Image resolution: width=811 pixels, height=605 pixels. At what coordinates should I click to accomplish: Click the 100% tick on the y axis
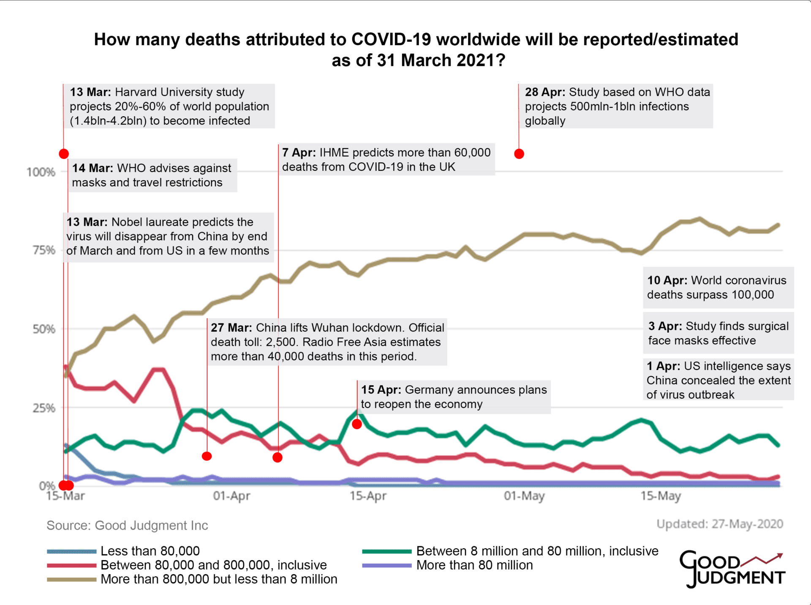tap(41, 172)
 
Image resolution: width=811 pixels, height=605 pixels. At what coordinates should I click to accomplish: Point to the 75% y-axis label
tap(44, 250)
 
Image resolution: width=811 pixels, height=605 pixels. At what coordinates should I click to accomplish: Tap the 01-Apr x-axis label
tap(231, 495)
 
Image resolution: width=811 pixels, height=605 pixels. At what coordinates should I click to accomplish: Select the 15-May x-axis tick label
tap(661, 495)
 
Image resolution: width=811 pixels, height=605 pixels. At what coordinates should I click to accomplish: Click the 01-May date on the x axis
tap(524, 495)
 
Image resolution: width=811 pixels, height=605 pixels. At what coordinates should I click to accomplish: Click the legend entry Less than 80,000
tap(150, 551)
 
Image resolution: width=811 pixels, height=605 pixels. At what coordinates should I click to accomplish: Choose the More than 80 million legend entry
tap(474, 565)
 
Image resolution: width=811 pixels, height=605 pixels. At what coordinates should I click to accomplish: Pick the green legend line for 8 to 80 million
tap(386, 551)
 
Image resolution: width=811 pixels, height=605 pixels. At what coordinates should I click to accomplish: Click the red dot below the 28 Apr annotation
tap(519, 154)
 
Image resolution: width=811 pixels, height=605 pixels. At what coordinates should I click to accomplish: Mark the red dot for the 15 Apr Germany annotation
tap(357, 424)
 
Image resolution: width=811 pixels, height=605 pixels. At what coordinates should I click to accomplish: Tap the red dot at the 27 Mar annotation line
tap(207, 456)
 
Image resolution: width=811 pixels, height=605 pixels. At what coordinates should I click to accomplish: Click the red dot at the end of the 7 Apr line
tap(278, 457)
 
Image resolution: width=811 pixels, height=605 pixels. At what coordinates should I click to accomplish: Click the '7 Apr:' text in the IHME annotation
tap(299, 153)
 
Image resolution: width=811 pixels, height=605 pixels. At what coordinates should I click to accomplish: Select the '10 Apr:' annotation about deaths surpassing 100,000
tap(717, 287)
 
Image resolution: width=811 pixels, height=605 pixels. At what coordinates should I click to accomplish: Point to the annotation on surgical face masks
tap(718, 333)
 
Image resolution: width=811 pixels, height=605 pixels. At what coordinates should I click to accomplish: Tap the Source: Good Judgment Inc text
tap(127, 526)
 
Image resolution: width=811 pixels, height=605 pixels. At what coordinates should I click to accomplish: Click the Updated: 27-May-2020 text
tap(720, 524)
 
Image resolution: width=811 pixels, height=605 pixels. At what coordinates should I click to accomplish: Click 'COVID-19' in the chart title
tap(391, 40)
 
